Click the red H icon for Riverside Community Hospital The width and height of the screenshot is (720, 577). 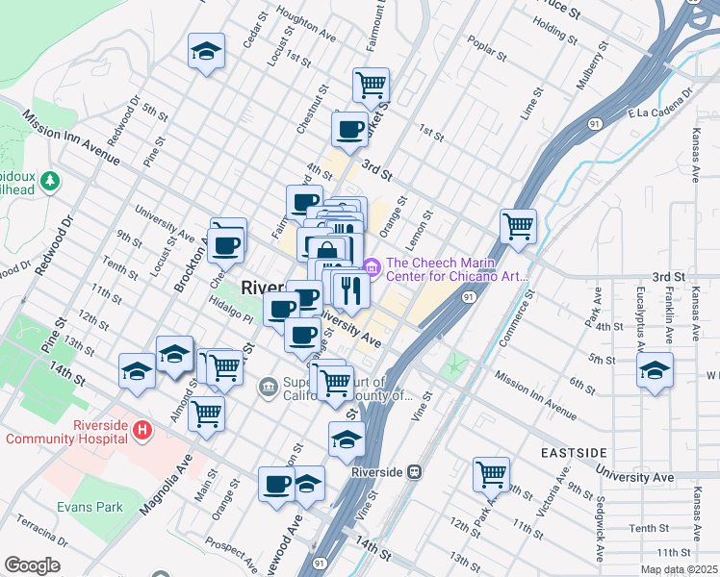tap(142, 430)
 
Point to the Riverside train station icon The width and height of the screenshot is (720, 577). tap(415, 472)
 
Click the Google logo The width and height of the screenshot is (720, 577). tap(32, 565)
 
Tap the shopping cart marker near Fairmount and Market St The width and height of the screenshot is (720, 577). tap(371, 85)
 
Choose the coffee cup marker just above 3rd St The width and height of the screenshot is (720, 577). tap(349, 128)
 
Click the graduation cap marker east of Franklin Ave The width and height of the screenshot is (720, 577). tap(655, 370)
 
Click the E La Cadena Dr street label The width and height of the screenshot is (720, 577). tap(660, 104)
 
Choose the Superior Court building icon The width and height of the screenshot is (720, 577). tap(269, 389)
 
